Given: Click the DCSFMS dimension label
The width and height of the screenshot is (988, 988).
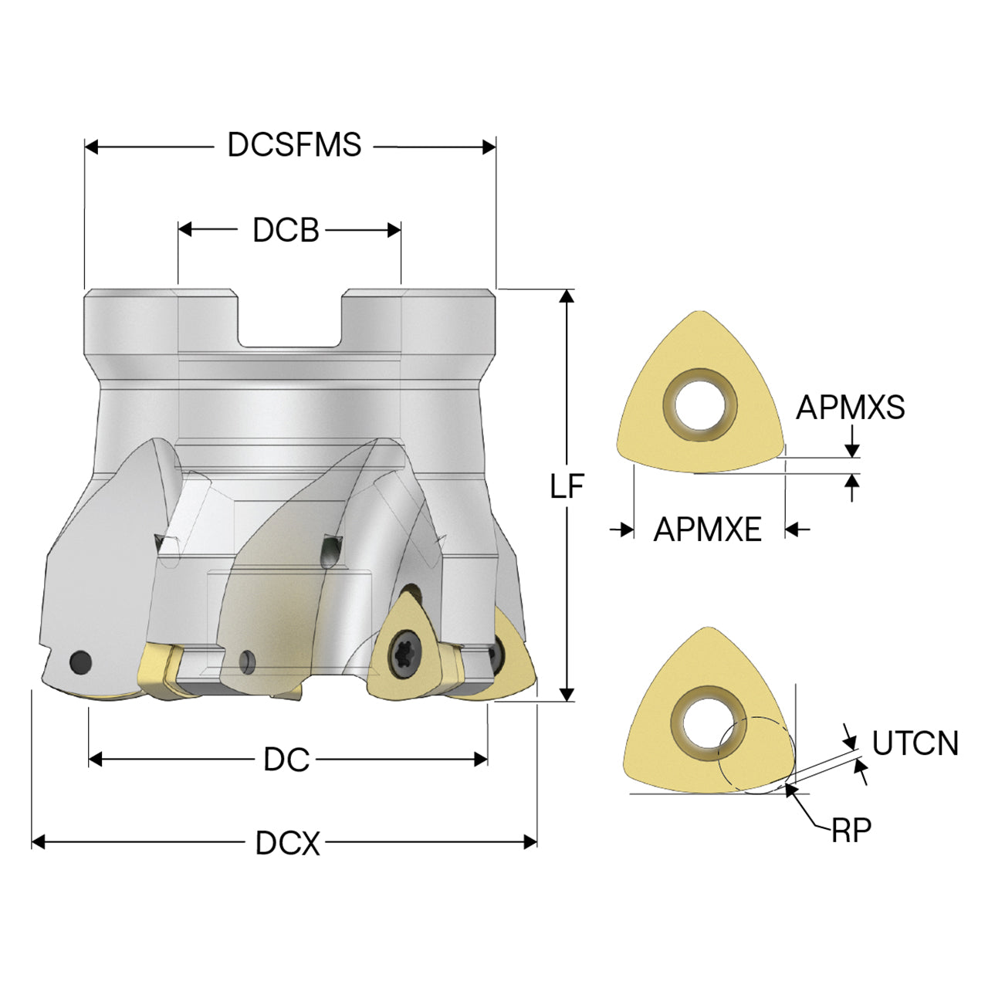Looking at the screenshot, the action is click(294, 144).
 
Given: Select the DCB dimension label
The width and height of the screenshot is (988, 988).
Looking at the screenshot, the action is click(286, 230).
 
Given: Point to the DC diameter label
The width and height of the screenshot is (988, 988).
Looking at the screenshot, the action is click(286, 759).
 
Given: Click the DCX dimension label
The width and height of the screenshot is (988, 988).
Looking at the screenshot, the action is click(288, 842).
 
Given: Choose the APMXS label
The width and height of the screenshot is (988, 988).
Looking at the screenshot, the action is click(850, 408).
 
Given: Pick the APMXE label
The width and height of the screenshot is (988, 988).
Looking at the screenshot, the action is click(708, 530).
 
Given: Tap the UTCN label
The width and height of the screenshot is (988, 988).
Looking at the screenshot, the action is click(915, 743).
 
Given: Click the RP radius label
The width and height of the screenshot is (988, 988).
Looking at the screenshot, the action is click(851, 830).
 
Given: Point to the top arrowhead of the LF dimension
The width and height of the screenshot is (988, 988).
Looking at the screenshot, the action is click(567, 296).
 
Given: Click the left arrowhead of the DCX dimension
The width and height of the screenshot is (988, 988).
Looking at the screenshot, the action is click(39, 842).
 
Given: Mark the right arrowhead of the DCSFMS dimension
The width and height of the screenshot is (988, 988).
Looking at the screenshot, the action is click(489, 147).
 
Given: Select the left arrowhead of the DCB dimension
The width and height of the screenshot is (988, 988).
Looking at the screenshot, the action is click(185, 229).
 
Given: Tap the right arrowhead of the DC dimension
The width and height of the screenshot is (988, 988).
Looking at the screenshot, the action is click(480, 759).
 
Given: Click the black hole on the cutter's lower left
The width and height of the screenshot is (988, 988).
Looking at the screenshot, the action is click(80, 662).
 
